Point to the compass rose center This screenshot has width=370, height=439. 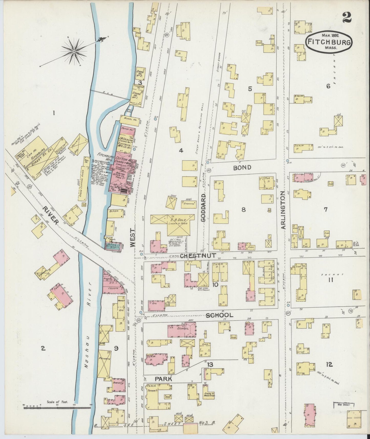74,51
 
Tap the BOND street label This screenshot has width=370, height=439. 242,168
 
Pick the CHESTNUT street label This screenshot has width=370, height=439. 198,256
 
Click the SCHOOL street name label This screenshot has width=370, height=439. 219,315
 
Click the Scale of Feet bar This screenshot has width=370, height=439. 57,406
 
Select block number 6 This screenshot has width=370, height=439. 328,86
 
